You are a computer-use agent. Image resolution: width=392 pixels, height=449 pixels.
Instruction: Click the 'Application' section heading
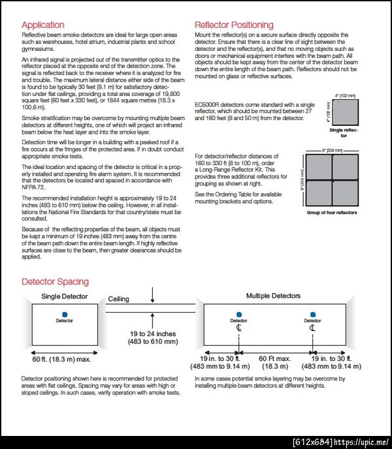point(43,25)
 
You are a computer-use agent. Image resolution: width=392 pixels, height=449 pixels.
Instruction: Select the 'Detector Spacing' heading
point(55,282)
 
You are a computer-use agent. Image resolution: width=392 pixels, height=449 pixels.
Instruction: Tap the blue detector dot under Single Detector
point(65,314)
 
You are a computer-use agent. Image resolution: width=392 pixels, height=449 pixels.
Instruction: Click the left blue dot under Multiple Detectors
point(239,314)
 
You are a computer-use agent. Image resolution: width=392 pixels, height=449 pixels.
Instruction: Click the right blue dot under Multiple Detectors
point(312,314)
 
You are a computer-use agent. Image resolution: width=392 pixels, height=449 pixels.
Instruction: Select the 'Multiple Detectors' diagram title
point(273,296)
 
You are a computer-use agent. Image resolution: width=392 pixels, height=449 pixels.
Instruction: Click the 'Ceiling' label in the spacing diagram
point(118,299)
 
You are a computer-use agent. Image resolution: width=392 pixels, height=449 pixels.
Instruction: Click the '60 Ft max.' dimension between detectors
point(275,359)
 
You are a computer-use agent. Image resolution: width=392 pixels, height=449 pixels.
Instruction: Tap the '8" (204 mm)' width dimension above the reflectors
point(333,150)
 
